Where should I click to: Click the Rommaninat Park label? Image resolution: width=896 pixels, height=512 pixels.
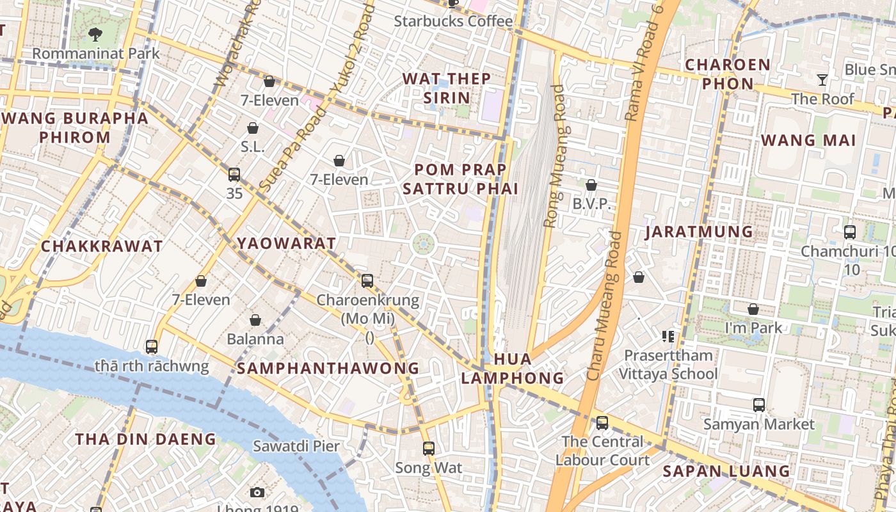tap(96, 53)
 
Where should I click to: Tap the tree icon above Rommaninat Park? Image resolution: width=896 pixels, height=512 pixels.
tap(96, 35)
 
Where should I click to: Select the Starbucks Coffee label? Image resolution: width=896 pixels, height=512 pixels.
tap(453, 21)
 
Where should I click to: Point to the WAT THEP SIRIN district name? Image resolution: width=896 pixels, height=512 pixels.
tap(447, 88)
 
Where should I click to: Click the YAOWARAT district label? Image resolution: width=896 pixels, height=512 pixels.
tap(286, 243)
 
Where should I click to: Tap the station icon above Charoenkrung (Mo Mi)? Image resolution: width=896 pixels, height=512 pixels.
tap(367, 280)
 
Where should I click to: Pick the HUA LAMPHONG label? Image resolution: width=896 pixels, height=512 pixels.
tap(512, 369)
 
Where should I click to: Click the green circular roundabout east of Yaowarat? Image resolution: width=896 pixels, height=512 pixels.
tap(424, 243)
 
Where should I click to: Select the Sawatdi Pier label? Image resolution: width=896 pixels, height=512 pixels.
tap(296, 446)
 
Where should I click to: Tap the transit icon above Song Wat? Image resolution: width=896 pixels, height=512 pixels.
tap(429, 449)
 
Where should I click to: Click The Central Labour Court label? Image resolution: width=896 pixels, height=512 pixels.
tap(602, 451)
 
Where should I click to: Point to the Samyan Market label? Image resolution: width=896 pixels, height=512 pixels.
tap(759, 424)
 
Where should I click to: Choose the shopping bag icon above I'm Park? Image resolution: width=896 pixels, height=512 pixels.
tap(753, 309)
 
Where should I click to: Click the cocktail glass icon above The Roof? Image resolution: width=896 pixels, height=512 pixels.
tap(822, 80)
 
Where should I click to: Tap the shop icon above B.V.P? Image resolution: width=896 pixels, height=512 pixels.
tap(591, 185)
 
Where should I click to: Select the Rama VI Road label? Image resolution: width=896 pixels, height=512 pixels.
tap(644, 64)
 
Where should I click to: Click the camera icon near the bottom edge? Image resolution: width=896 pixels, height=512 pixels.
tap(257, 492)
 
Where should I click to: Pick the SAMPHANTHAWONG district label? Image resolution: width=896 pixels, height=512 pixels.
tap(328, 369)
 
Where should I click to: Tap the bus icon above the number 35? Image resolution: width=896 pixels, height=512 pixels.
tap(234, 174)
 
